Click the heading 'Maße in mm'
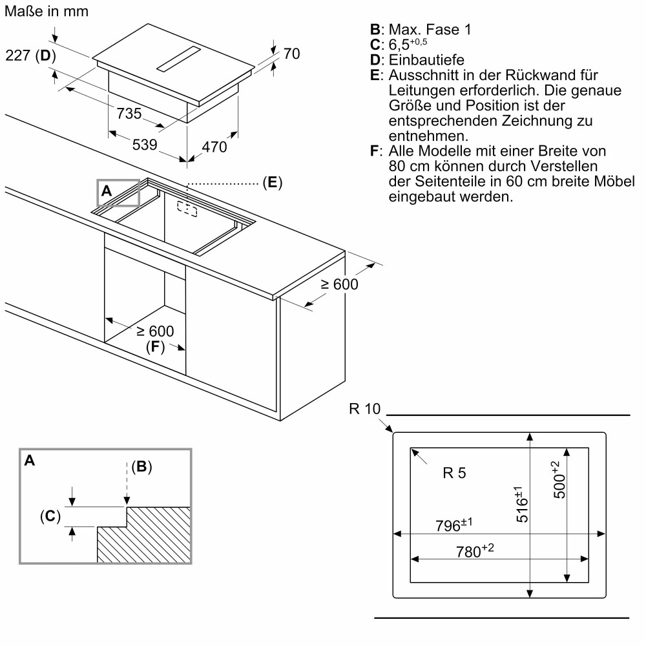(47, 12)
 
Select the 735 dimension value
(129, 114)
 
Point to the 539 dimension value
(145, 145)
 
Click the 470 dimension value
(214, 147)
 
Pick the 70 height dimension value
(291, 54)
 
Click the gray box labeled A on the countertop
(118, 192)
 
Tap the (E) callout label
(272, 183)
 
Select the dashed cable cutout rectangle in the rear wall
(187, 209)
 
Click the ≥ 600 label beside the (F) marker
(154, 331)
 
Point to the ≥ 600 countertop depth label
(339, 284)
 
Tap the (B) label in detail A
(141, 467)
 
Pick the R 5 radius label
(454, 473)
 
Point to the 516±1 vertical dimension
(521, 506)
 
